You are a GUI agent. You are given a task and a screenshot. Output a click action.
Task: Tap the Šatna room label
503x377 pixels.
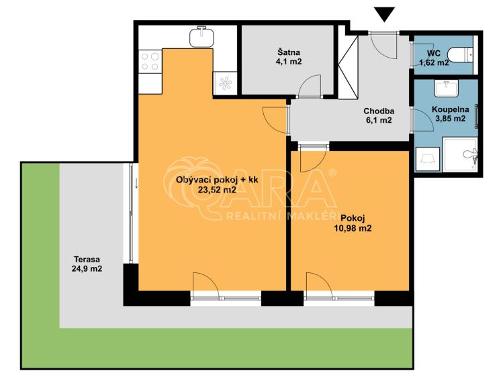pyautogui.click(x=289, y=52)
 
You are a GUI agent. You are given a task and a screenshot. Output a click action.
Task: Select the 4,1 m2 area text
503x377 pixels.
pyautogui.click(x=289, y=62)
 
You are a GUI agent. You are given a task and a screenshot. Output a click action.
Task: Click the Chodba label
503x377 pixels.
pyautogui.click(x=379, y=111)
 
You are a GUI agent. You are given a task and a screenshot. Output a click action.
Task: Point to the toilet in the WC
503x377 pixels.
pyautogui.click(x=460, y=55)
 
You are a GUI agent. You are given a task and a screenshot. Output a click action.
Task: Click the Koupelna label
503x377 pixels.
pyautogui.click(x=451, y=109)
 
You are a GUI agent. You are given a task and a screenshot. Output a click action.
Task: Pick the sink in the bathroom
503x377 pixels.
pyautogui.click(x=446, y=88)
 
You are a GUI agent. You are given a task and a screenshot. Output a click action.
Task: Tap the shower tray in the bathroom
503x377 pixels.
pyautogui.click(x=460, y=154)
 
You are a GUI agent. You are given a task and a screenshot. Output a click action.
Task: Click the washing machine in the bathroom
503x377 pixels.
pyautogui.click(x=428, y=159)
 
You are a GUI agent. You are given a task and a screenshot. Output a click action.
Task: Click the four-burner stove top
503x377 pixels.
pyautogui.click(x=150, y=62)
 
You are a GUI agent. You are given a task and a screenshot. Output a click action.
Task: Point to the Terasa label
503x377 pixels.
pyautogui.click(x=87, y=259)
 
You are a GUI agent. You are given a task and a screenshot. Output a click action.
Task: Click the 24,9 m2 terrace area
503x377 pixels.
pyautogui.click(x=87, y=269)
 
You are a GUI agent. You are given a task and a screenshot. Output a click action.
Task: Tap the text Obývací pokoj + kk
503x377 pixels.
pyautogui.click(x=217, y=180)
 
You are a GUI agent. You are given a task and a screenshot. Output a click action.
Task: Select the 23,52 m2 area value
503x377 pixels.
pyautogui.click(x=217, y=190)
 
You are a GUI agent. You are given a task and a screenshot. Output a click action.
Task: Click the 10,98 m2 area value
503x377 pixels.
pyautogui.click(x=353, y=228)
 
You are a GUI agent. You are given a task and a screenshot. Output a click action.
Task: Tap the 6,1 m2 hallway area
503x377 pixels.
pyautogui.click(x=379, y=121)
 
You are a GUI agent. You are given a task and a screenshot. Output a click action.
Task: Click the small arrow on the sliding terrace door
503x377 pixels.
pyautogui.click(x=136, y=184)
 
